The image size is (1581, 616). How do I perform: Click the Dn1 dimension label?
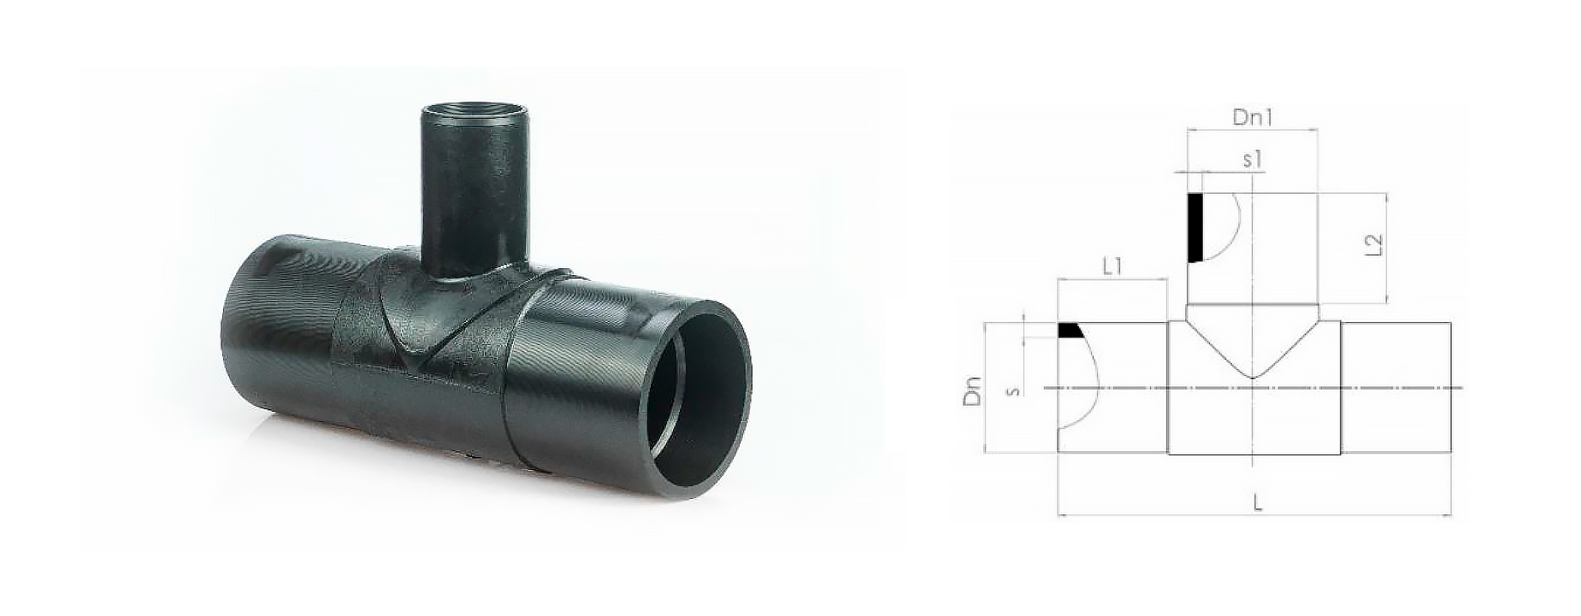point(1252,118)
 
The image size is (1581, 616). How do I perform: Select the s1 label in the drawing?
point(1253,159)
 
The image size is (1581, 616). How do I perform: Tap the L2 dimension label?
point(1374,245)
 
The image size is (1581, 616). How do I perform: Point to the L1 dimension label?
point(1112,266)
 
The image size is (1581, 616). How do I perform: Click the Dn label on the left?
point(972,390)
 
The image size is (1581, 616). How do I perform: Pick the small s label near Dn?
point(1012,390)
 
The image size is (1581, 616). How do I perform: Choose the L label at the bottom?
point(1258,504)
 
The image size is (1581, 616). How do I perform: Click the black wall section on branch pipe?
point(1195,227)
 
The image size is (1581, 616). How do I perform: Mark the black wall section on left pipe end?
point(1069,331)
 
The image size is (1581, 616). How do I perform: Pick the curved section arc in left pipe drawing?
point(1086,384)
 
